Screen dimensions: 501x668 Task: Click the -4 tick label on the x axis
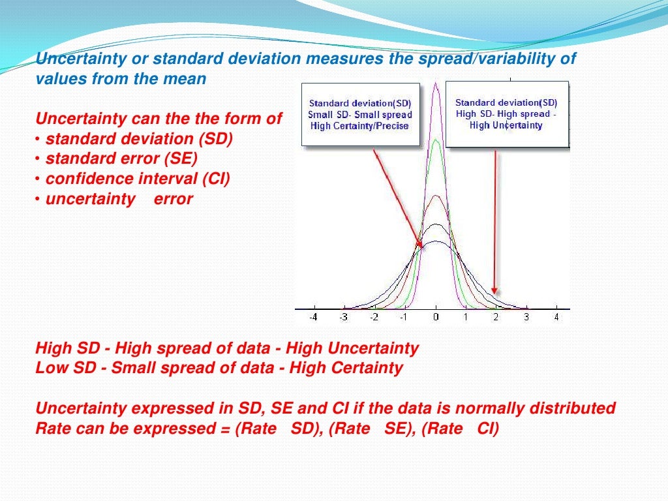314,318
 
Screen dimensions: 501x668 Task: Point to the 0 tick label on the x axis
436,318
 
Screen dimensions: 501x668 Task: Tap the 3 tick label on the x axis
526,318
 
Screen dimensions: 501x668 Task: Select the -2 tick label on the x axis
374,318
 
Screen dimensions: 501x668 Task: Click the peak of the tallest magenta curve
436,84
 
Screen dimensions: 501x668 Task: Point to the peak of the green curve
436,139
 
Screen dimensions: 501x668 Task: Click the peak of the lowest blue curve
436,242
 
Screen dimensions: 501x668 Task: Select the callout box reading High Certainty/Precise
360,115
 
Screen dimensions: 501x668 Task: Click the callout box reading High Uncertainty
506,114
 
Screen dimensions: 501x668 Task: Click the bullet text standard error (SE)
121,159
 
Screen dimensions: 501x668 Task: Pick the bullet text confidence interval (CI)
138,179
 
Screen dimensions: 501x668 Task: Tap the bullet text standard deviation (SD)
139,138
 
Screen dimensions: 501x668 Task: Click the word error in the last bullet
173,199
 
